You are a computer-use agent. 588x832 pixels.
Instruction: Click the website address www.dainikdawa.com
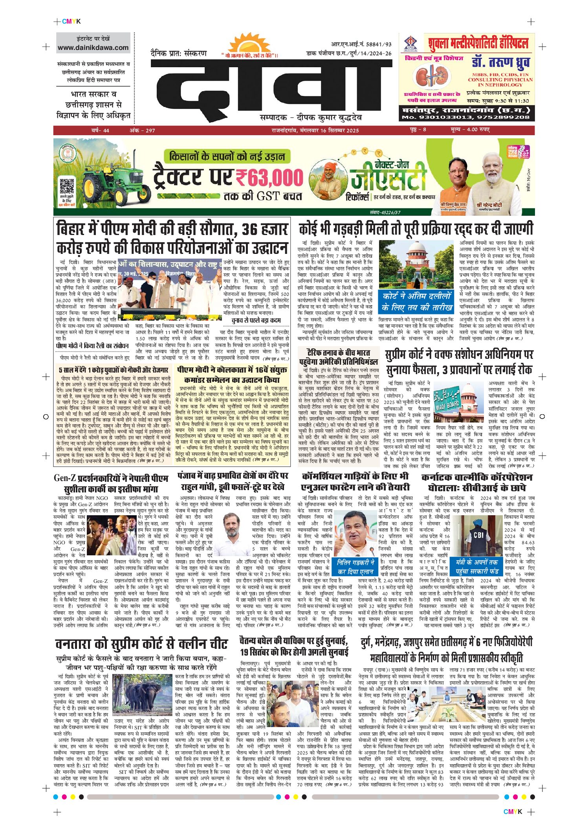[x=93, y=48]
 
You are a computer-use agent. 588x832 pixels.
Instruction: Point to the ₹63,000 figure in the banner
[x=269, y=178]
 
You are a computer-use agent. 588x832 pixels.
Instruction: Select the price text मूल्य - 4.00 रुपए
[x=470, y=130]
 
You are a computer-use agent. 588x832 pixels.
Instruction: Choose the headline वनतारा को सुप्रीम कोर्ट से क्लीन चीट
[x=141, y=645]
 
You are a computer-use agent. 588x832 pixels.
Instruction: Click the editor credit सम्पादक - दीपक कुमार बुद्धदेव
[x=311, y=118]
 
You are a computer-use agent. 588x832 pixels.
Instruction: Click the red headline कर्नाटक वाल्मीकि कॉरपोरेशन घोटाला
[x=477, y=482]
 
